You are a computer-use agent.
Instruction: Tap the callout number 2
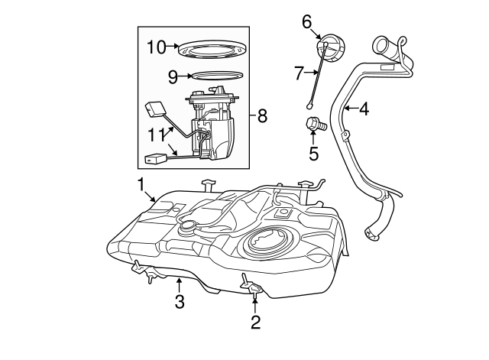click(x=255, y=323)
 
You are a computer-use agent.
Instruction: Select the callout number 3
click(x=180, y=302)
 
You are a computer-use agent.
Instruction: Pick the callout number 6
click(x=307, y=21)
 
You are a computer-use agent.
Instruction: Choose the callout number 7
click(x=299, y=73)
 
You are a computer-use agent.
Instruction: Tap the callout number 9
click(x=173, y=76)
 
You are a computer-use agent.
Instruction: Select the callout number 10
click(x=156, y=47)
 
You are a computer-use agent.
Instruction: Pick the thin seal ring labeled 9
click(x=216, y=76)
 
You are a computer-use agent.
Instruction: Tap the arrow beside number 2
click(x=255, y=303)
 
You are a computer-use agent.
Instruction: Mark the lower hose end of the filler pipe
click(x=374, y=235)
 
